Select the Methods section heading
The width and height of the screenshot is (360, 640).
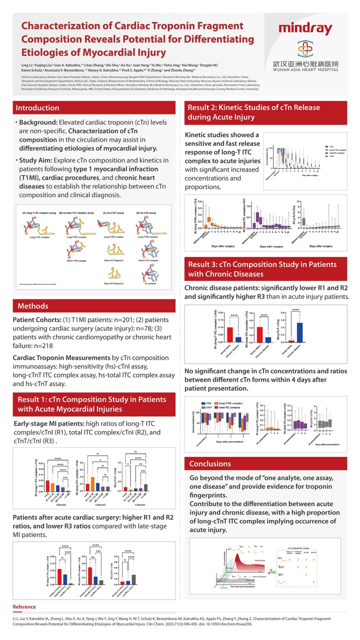click(33, 305)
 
